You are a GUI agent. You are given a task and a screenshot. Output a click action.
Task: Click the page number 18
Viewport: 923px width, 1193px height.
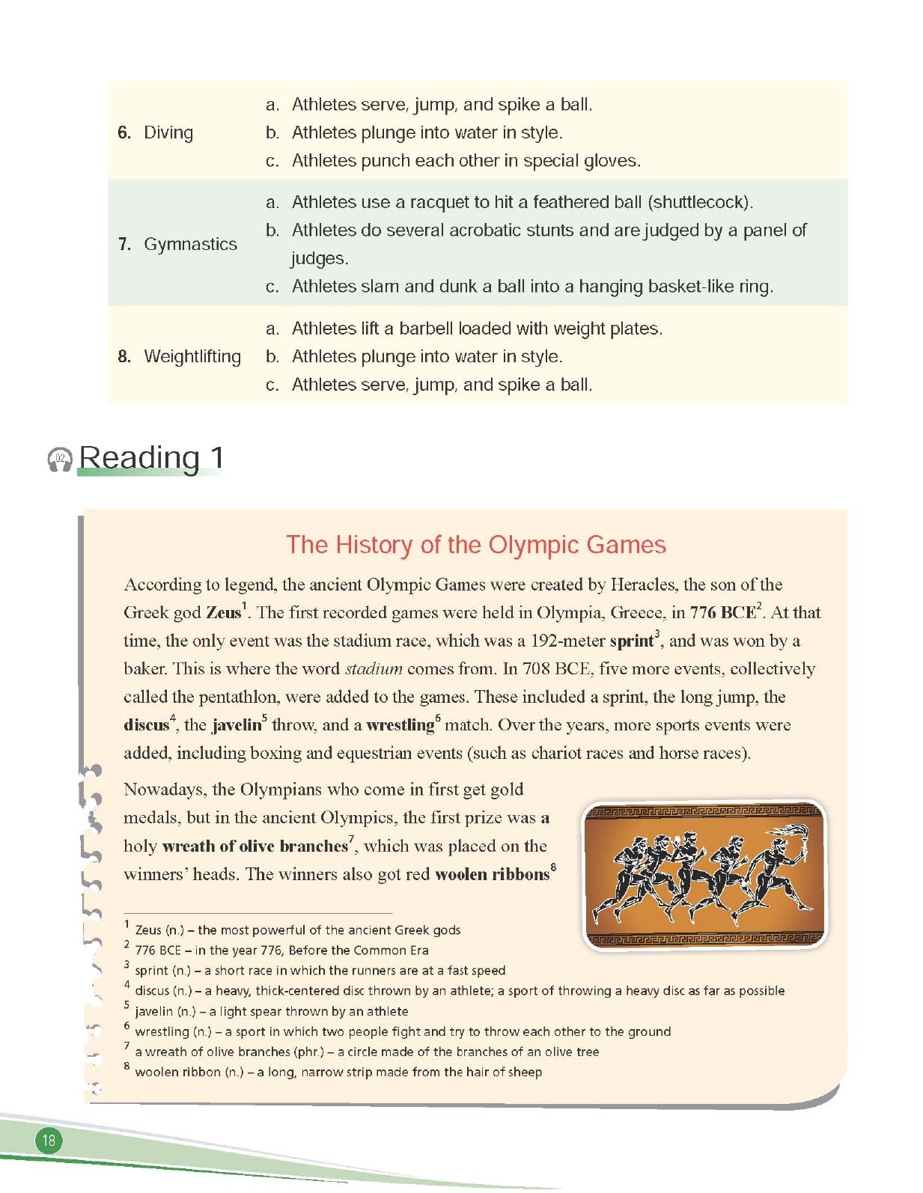click(x=49, y=1140)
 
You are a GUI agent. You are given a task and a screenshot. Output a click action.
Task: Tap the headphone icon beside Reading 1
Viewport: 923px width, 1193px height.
click(x=60, y=460)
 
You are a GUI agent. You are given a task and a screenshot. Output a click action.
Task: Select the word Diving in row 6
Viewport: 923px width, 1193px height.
click(x=168, y=132)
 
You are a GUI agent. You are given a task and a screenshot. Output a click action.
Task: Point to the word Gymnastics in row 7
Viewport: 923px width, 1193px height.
click(x=190, y=244)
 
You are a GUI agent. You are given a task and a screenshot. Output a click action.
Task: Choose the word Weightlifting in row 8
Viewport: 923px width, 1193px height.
click(x=192, y=356)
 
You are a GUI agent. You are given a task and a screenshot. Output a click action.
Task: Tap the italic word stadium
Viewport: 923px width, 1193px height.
click(x=374, y=668)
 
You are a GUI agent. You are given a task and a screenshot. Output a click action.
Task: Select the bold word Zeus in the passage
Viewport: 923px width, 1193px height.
click(x=223, y=612)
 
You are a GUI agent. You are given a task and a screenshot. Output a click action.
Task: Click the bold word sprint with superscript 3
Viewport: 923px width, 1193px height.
click(x=632, y=641)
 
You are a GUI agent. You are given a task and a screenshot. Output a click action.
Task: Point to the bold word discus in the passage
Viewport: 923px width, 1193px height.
click(x=146, y=724)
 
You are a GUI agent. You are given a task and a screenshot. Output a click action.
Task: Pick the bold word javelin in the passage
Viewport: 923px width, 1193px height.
click(x=237, y=724)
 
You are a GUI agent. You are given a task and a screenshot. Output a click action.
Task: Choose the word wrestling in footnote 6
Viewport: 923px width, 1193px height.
click(x=162, y=1031)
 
